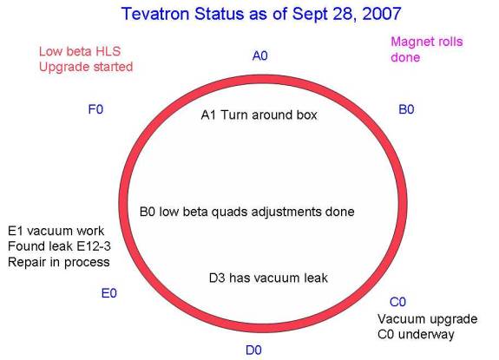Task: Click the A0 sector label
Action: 260,56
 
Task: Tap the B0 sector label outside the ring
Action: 406,109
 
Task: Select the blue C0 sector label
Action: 397,302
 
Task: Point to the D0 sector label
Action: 253,350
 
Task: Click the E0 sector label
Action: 108,293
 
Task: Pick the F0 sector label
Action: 95,109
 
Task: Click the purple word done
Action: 405,57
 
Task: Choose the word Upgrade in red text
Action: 59,68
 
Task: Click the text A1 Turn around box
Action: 259,115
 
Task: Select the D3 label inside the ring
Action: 217,278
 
